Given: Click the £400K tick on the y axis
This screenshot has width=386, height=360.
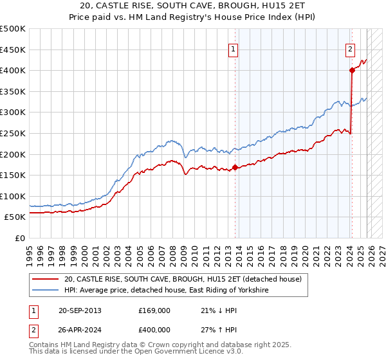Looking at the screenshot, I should pos(13,70).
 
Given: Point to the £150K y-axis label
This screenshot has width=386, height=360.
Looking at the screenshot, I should pos(13,175).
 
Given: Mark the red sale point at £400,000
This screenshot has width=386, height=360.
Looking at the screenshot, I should pos(352,70).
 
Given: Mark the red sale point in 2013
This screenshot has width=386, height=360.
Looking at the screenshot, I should pos(235,167).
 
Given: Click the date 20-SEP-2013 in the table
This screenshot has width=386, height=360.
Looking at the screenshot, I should pos(80,310).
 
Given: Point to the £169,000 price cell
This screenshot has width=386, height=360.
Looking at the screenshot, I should pos(154,310).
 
